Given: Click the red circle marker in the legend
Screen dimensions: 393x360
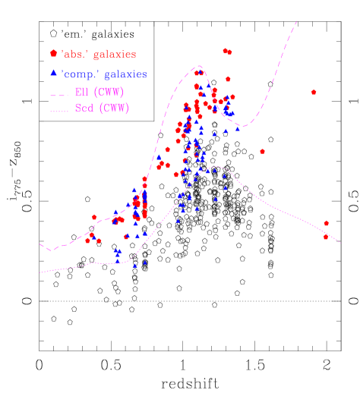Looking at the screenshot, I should (53, 54).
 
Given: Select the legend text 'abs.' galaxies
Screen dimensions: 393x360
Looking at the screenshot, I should (99, 55).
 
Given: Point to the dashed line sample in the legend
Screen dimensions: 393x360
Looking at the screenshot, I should (58, 93).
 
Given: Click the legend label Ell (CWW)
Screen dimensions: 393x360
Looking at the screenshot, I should (99, 93).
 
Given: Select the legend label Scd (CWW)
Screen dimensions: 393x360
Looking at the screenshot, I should (101, 108).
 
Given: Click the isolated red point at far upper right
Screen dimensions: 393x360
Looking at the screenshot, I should (314, 92).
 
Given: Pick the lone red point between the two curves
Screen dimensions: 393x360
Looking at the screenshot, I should (262, 151).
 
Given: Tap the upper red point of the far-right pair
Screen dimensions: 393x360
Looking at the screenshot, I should (327, 223).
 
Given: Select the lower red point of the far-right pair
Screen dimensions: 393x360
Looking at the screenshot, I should (326, 237).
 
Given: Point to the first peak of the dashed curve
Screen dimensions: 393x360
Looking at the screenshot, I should (199, 66).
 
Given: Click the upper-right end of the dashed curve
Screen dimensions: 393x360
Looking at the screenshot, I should (296, 22).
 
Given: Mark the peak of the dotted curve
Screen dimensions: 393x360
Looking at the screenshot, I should (217, 167).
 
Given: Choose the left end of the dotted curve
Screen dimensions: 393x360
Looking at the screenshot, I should (40, 272).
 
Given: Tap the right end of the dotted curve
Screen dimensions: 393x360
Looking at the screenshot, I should (341, 244).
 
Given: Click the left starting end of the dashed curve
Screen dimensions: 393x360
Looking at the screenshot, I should (40, 244).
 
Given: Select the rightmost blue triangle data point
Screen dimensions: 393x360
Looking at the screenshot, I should (237, 128).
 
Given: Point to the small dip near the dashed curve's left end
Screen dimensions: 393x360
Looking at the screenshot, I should (51, 250).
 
